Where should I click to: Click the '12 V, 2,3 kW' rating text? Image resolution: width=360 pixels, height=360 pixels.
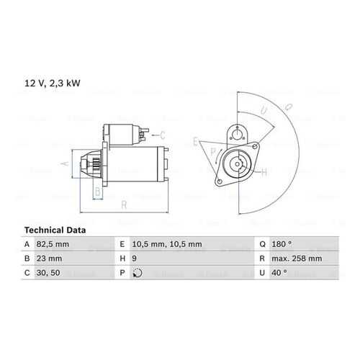point(53,84)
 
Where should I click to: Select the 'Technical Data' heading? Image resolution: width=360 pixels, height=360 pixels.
point(55,230)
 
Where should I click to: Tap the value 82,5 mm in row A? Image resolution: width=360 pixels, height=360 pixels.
point(53,244)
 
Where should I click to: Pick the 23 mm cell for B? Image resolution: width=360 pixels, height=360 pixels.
point(49,258)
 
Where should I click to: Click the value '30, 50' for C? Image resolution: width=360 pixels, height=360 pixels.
point(48,273)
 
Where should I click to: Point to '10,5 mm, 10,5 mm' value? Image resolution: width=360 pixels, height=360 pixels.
point(167,244)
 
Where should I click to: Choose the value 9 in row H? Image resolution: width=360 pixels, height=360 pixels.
point(135,258)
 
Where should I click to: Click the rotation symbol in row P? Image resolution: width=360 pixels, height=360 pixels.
point(138,273)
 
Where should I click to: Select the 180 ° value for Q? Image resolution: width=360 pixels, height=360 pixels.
point(282,244)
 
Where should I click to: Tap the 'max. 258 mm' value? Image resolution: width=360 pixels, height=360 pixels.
point(297,258)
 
